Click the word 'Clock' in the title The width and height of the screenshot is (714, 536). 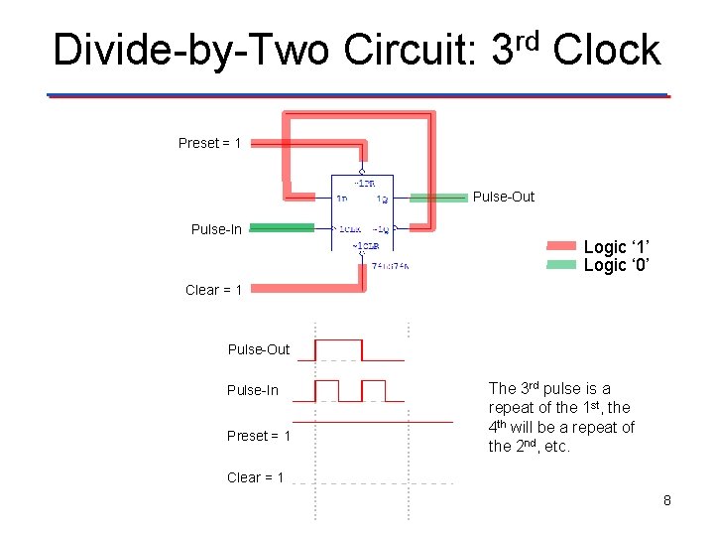607,50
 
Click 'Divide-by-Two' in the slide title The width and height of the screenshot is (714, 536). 189,50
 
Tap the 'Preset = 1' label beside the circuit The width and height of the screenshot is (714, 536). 209,143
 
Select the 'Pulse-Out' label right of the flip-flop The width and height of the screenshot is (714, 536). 503,197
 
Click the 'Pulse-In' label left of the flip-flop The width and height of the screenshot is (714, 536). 216,229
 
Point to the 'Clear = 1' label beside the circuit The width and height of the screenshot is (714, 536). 213,290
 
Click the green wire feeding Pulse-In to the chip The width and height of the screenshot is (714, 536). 282,228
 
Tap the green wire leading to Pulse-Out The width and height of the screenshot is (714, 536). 438,198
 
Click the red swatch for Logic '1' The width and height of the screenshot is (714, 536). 561,246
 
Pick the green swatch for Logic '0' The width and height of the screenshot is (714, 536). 561,265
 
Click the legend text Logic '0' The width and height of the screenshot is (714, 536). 617,265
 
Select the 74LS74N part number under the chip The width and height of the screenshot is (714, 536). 390,265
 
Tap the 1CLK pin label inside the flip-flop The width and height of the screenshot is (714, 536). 349,229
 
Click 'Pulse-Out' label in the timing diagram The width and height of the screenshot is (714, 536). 259,349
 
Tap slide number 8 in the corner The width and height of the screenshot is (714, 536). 667,500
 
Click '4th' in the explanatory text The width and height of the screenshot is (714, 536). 500,427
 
